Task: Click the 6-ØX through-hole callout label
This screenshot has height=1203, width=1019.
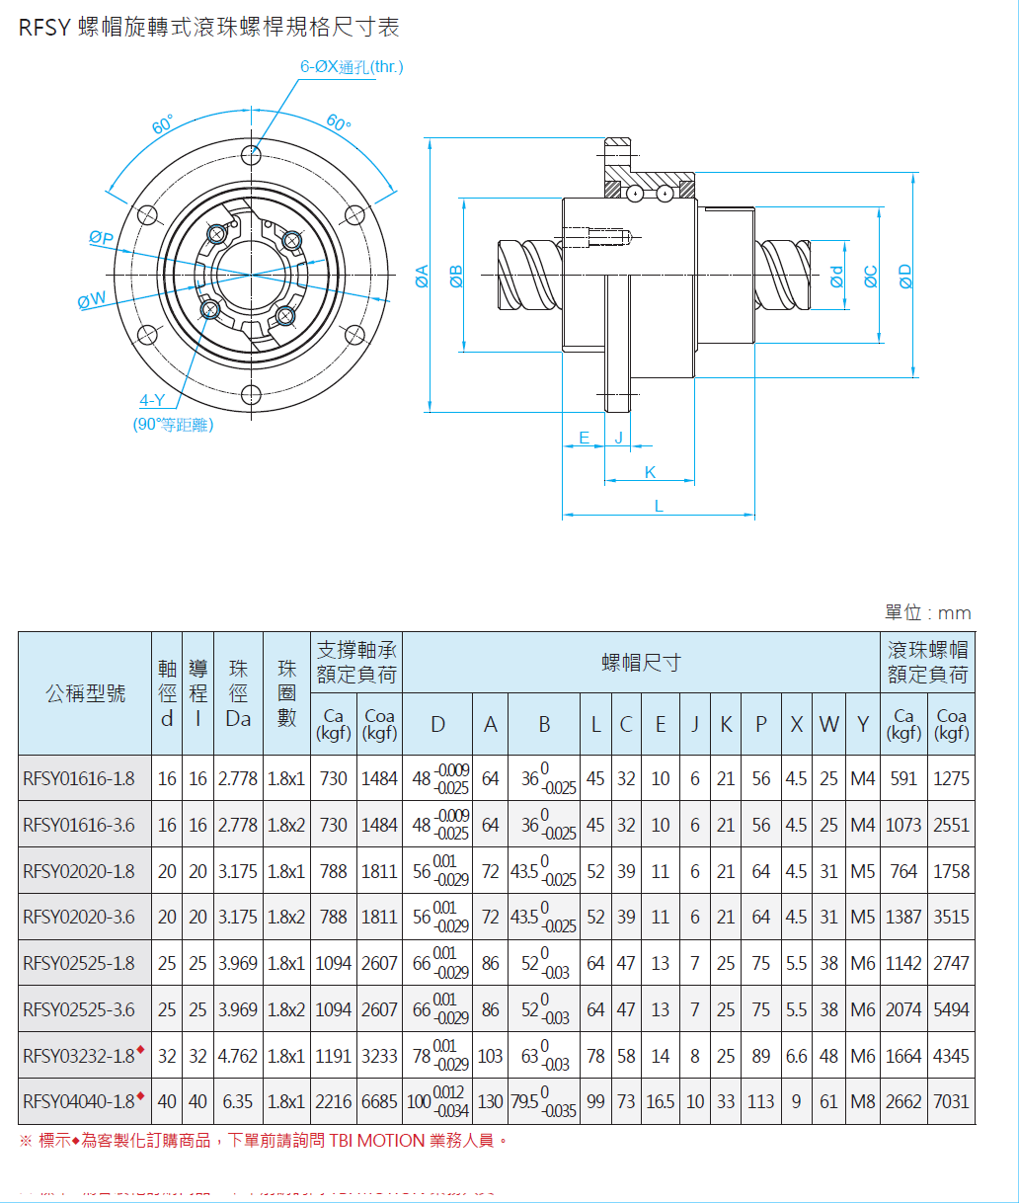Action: click(352, 67)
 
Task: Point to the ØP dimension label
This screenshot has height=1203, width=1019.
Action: click(101, 238)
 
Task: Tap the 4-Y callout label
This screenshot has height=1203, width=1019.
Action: click(152, 400)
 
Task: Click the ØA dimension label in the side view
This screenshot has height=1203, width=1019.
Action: click(422, 276)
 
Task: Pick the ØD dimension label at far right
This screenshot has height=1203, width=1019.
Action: click(905, 276)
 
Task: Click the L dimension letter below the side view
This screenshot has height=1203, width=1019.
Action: click(659, 506)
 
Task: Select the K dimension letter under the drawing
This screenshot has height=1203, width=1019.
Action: click(650, 472)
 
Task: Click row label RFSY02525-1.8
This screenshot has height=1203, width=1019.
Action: click(79, 963)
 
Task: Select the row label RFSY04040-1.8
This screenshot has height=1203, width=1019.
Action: click(79, 1101)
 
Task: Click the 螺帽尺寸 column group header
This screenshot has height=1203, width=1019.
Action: click(641, 663)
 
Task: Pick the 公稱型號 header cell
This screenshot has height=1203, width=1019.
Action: click(86, 693)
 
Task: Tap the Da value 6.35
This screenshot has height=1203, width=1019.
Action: click(238, 1101)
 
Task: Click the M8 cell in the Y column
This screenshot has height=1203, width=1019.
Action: click(863, 1101)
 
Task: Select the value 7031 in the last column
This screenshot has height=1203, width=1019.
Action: click(951, 1101)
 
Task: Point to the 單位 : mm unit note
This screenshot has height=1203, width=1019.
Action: click(927, 613)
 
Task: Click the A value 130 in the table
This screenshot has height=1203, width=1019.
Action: click(490, 1101)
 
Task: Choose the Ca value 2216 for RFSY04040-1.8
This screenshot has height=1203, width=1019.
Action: click(334, 1101)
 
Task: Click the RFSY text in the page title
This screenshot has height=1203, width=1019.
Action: click(44, 28)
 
